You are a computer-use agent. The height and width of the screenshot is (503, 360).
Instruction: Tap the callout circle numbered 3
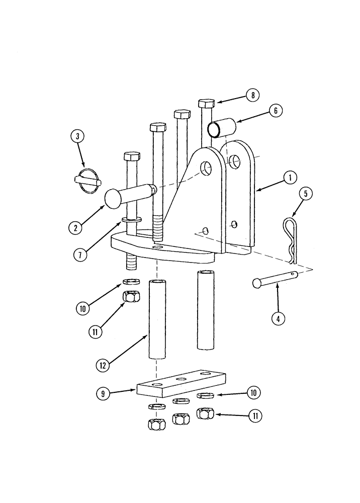pos(77,136)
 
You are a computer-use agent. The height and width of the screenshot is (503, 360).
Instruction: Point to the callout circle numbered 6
pos(276,110)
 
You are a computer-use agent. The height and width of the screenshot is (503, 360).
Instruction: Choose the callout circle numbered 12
pos(103,366)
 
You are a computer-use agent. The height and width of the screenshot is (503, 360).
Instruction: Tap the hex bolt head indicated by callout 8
pos(207,104)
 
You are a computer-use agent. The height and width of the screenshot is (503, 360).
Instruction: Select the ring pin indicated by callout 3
pos(88,181)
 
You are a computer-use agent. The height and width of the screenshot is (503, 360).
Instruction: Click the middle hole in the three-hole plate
pos(182,380)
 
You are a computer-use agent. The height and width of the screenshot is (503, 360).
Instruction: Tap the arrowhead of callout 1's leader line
pos(257,190)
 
